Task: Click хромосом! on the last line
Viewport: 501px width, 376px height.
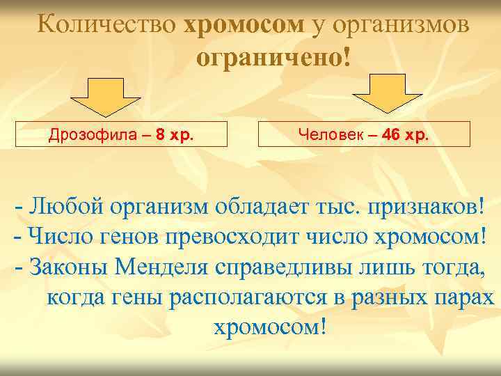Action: click(268, 327)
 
